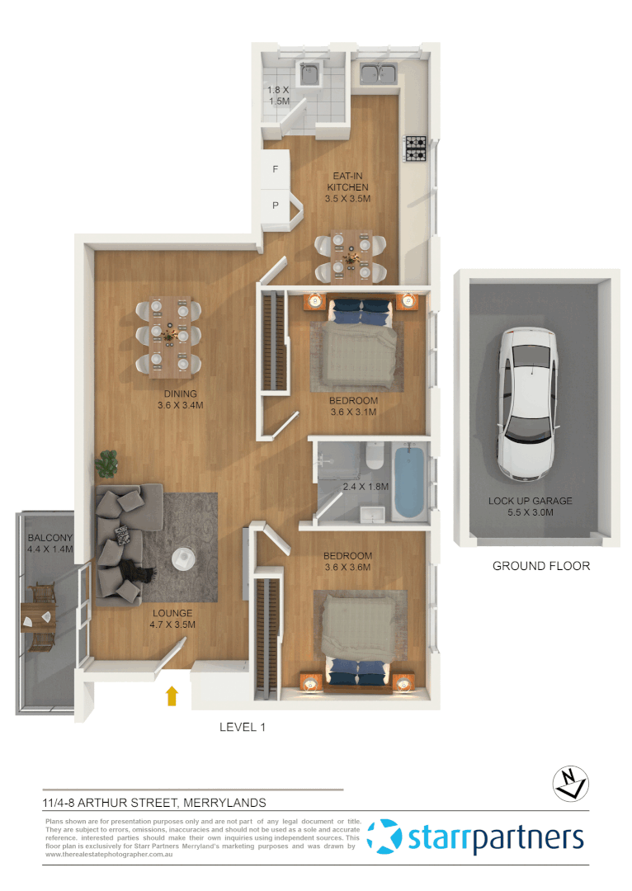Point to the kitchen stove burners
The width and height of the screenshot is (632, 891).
coord(414,148)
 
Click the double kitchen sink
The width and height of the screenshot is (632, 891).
coord(379,74)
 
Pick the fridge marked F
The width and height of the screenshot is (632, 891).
coord(276,169)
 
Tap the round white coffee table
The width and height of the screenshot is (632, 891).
coord(185,559)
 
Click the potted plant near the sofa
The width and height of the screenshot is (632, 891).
coord(107,465)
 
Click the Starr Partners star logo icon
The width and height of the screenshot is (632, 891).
coord(384,836)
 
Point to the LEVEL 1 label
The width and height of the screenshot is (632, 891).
coord(242,727)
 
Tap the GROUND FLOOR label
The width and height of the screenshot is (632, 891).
coord(540,566)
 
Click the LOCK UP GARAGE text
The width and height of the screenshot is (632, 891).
coord(530,501)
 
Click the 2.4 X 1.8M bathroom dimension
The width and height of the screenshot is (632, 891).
coord(365,487)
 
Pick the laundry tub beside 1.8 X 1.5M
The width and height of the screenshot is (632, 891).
coord(310,75)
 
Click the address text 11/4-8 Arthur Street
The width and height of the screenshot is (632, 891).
coord(154,801)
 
